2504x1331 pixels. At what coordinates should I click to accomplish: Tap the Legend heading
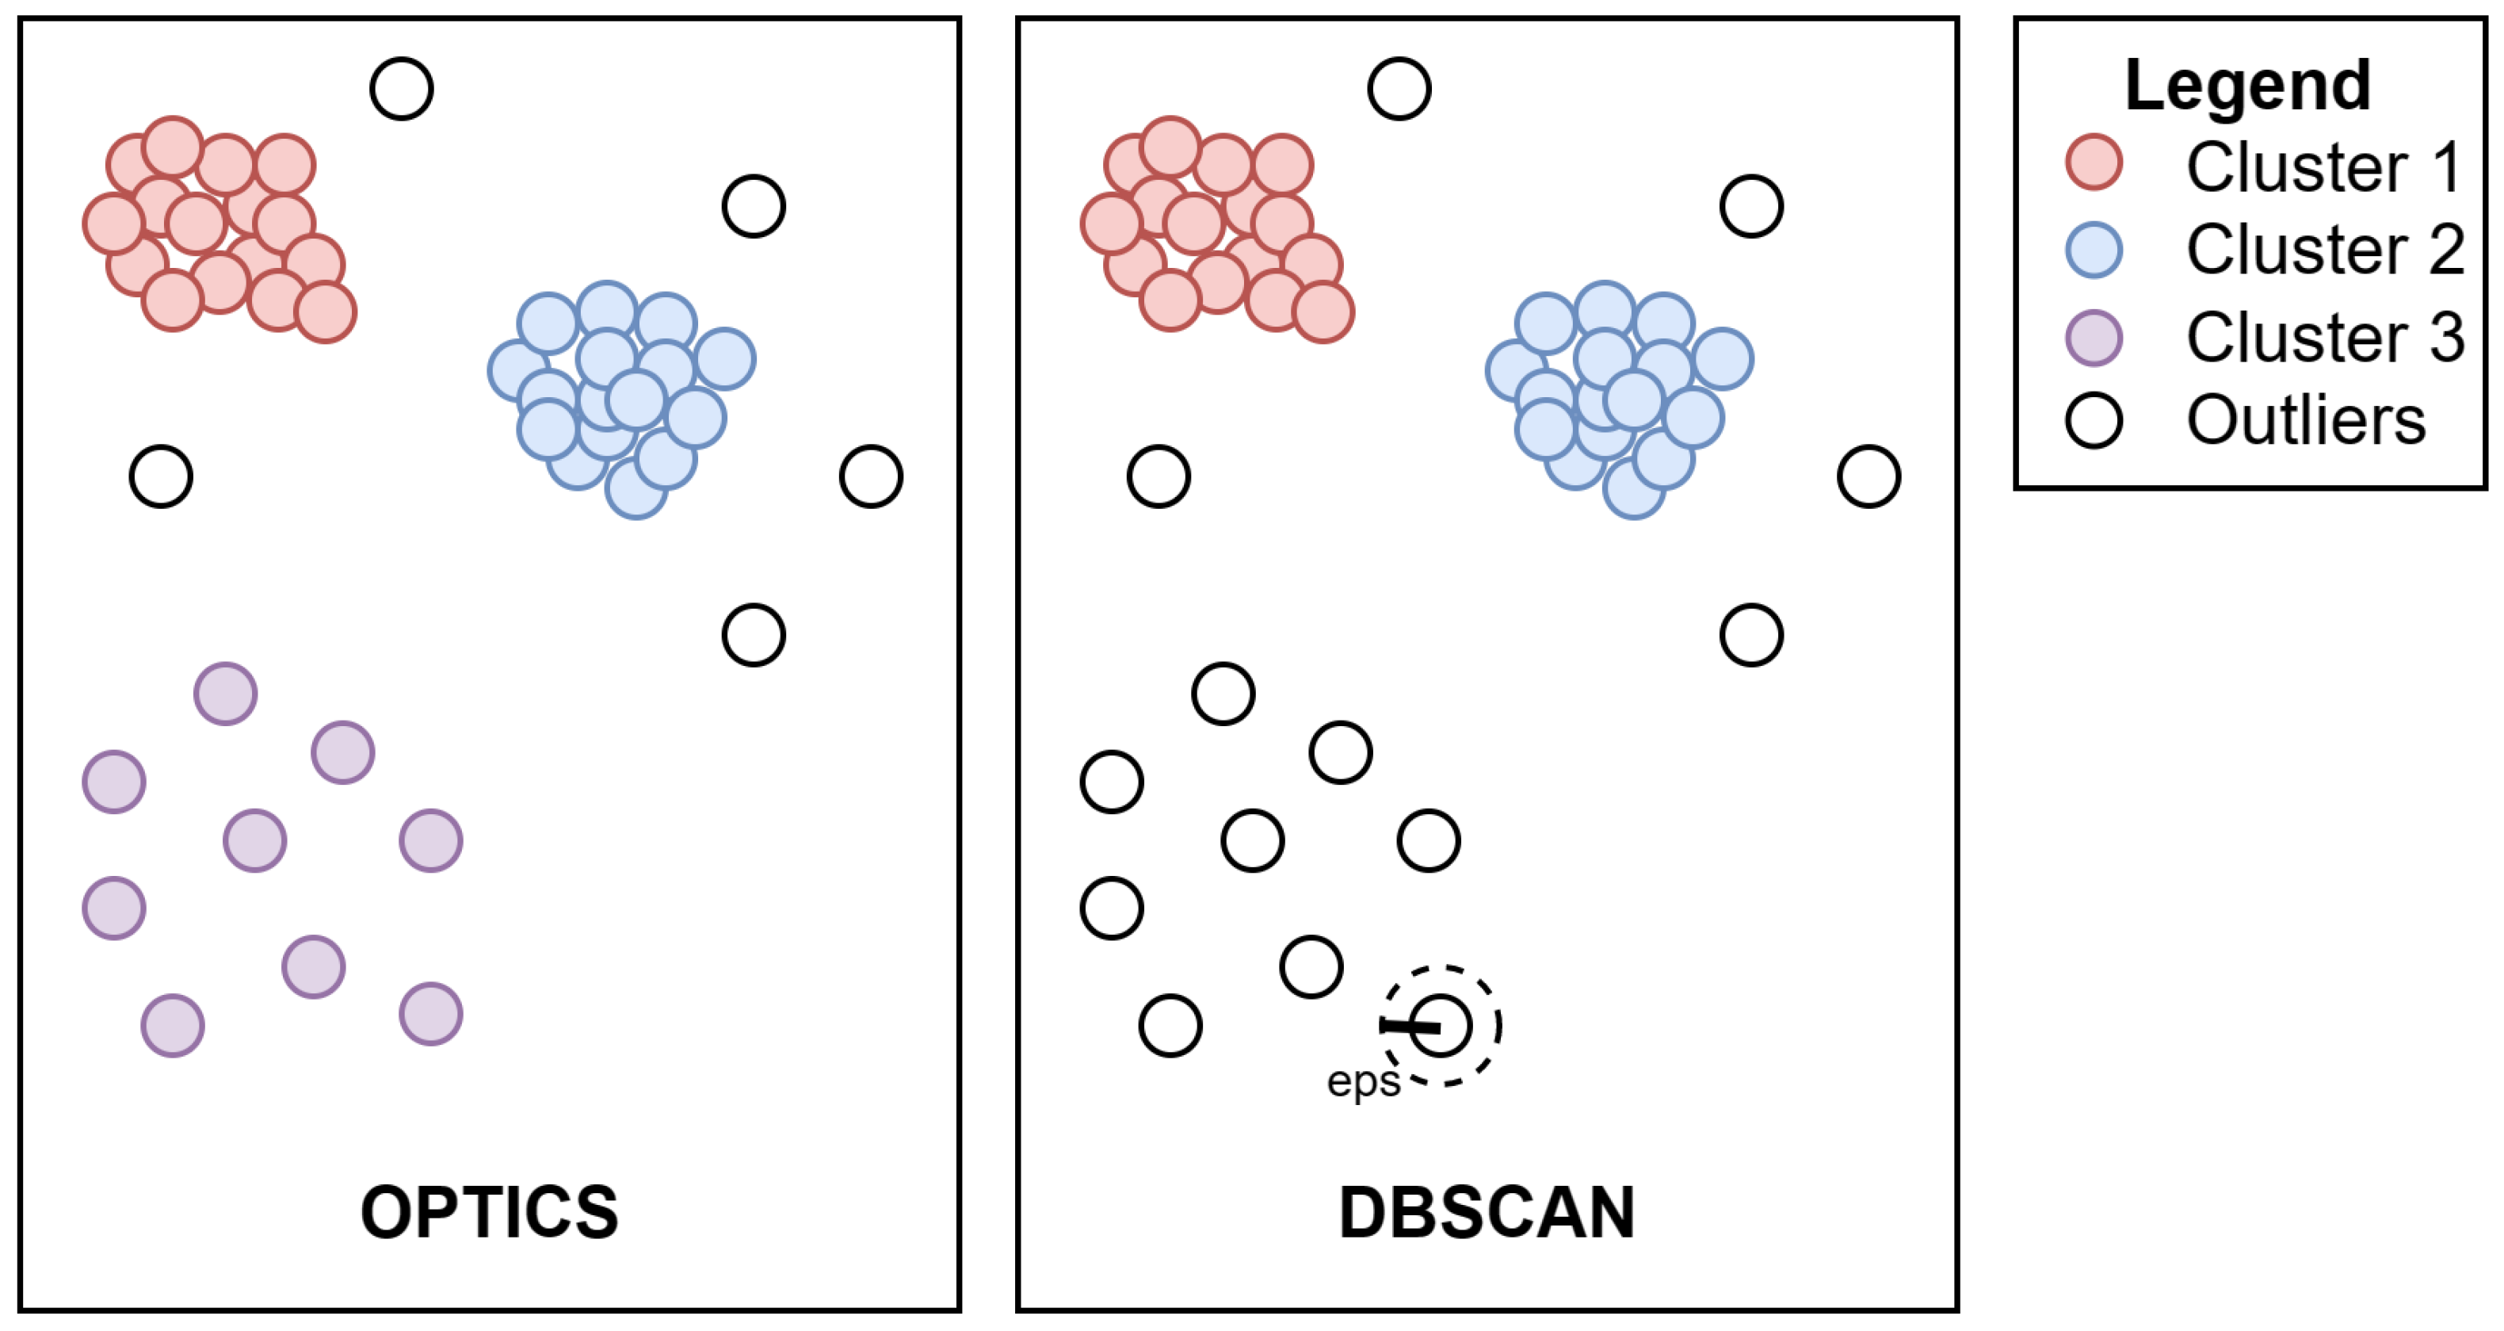point(2247,86)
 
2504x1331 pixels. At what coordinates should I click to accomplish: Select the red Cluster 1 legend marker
point(2094,163)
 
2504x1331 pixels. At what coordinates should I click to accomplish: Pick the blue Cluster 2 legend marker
point(2094,250)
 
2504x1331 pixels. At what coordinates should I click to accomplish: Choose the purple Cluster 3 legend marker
point(2094,338)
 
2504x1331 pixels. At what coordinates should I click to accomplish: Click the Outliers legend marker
point(2094,421)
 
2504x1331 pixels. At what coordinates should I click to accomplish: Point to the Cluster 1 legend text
point(2324,167)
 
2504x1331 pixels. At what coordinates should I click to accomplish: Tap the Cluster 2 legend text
point(2324,250)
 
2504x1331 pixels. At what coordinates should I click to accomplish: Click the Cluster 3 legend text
point(2324,338)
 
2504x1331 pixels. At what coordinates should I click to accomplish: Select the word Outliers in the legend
point(2306,420)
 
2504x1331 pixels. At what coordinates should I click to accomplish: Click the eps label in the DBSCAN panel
point(1363,1081)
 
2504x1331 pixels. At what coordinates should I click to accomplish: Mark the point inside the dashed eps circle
point(1441,1026)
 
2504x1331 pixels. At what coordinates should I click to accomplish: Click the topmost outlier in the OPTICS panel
point(402,90)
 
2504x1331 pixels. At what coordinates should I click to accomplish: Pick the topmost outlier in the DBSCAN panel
point(1399,90)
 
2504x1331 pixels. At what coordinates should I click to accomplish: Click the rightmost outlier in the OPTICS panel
point(871,476)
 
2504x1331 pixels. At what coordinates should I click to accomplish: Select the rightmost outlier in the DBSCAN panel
point(1868,476)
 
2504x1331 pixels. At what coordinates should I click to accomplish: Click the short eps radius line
point(1410,1026)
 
